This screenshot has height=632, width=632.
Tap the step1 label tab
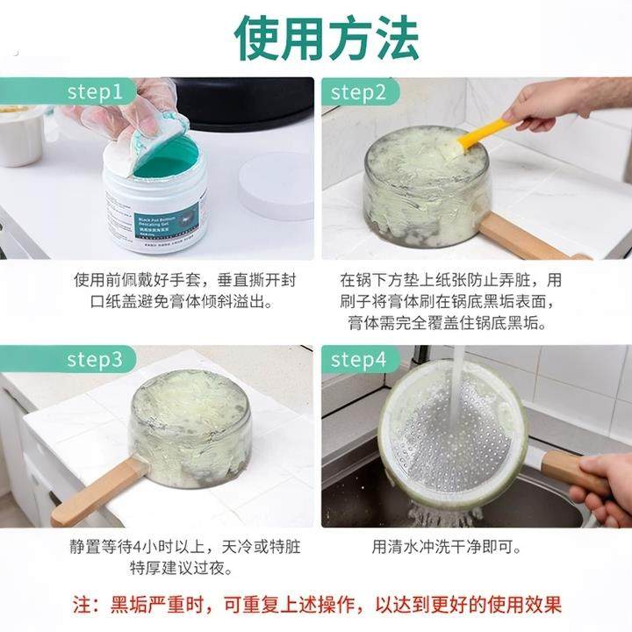(96, 92)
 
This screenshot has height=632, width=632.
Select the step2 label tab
(358, 92)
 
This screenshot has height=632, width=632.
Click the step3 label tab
(96, 360)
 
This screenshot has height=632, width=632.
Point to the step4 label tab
(358, 360)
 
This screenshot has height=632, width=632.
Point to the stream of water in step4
(457, 395)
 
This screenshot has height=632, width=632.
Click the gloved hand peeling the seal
(132, 110)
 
